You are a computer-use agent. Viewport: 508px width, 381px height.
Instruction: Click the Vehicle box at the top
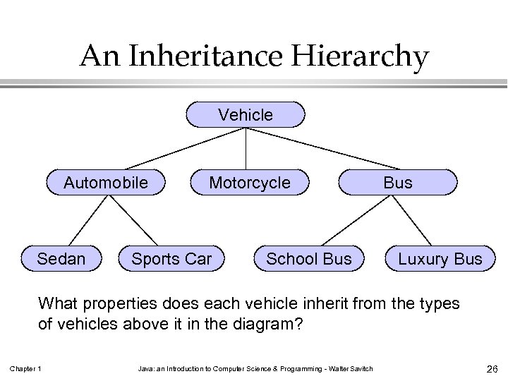(x=246, y=114)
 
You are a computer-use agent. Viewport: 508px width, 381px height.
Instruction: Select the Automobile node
(x=106, y=183)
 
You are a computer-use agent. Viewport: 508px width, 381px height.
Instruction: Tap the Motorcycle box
(x=250, y=183)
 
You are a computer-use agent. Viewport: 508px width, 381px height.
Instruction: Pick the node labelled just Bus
(x=398, y=183)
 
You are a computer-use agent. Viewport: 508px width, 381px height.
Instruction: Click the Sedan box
(x=61, y=259)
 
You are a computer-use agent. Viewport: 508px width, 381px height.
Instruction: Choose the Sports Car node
(x=171, y=259)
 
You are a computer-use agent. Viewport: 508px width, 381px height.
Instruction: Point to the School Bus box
(x=308, y=259)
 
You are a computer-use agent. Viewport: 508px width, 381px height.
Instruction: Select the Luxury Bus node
(x=440, y=259)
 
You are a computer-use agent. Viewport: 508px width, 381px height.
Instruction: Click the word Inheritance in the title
(x=207, y=57)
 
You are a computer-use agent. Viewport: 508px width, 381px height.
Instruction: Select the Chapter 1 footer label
(x=25, y=368)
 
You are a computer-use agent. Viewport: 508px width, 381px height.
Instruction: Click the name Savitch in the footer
(x=359, y=368)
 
